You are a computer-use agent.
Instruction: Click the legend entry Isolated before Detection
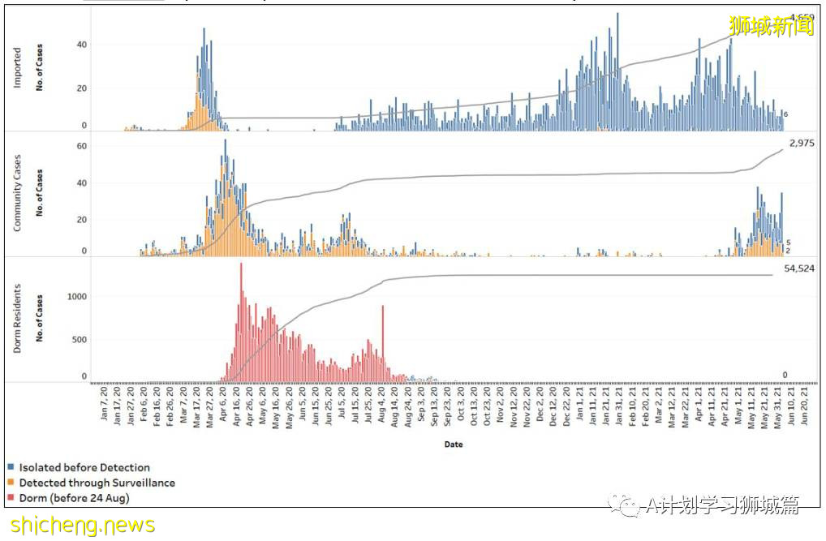[84, 467]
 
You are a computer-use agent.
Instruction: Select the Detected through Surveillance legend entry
[97, 483]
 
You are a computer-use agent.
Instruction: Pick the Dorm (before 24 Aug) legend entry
[74, 498]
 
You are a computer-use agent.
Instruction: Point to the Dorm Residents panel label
[18, 319]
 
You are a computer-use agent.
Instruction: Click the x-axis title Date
[454, 444]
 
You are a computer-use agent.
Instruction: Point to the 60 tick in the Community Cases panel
[81, 145]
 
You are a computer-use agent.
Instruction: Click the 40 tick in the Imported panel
[81, 44]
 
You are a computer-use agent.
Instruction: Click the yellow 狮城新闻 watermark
[772, 27]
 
